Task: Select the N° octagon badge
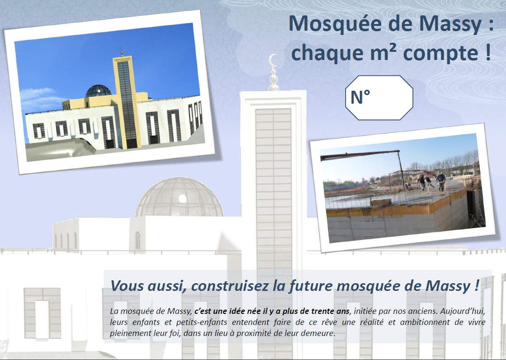[x=379, y=98]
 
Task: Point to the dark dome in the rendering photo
[x=98, y=91]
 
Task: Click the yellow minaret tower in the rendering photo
[x=127, y=103]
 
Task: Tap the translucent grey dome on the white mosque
[x=179, y=197]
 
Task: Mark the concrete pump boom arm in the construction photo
[x=362, y=155]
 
